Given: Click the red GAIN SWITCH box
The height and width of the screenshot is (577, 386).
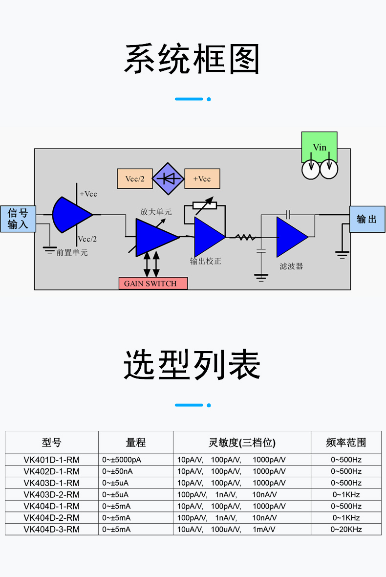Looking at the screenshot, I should point(153,283).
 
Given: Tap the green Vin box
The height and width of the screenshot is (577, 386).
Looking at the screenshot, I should point(319,147).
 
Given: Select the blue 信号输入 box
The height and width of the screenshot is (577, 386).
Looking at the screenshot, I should point(18,219).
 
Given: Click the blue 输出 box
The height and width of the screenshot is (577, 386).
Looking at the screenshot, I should point(367,219).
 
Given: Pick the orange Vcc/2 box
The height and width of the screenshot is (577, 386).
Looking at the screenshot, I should point(135,178).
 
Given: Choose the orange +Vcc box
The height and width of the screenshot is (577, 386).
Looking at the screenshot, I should point(202,178).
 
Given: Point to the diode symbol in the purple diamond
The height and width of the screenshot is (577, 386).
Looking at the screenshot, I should point(168,178).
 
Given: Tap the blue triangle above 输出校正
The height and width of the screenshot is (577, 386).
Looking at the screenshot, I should point(208,237).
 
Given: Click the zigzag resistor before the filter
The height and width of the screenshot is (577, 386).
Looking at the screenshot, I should point(245,238).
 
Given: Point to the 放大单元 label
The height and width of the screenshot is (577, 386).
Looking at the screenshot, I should point(156,212).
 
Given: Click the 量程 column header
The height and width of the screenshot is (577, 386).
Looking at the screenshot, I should point(136,443).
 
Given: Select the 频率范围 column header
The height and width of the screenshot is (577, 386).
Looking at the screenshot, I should point(346,443).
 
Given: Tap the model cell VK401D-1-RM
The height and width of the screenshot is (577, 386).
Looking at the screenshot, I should point(51,460).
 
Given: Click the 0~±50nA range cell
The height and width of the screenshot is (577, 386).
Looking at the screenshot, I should point(117,471).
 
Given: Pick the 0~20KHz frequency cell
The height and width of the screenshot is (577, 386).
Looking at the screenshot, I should point(346,529).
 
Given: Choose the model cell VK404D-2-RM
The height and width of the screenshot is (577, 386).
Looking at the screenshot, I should point(51,517).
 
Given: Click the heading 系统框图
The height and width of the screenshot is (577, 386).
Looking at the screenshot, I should point(193,60).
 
